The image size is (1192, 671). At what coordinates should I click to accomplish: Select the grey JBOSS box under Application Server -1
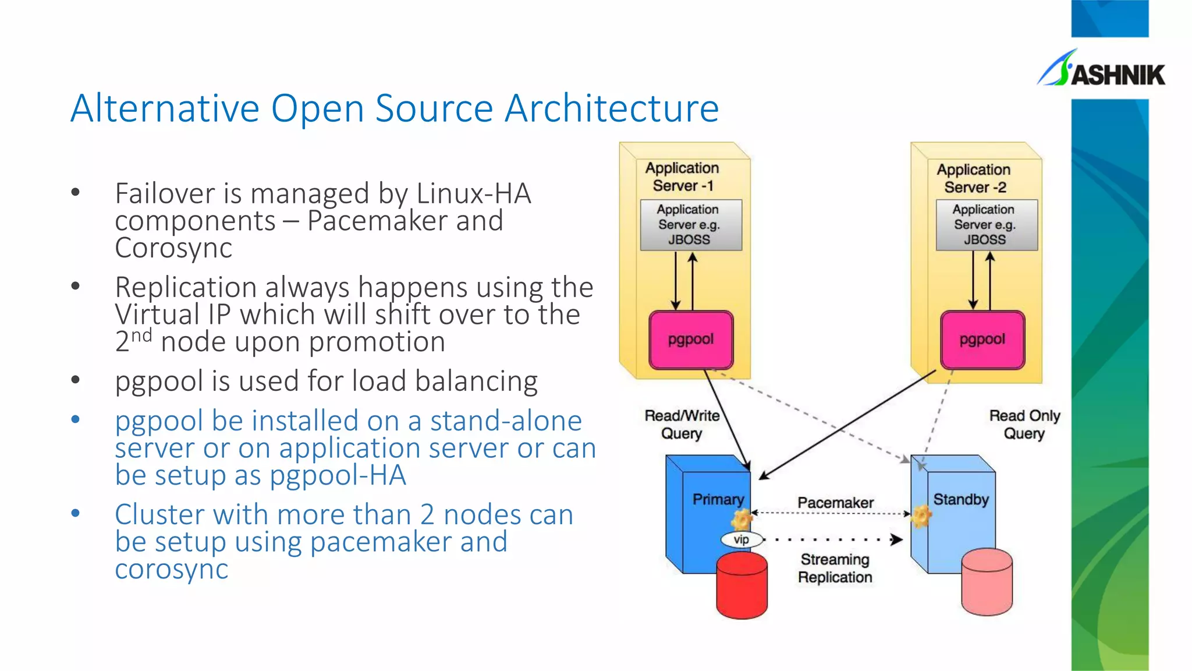(x=690, y=225)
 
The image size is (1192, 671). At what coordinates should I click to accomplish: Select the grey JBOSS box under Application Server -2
(x=986, y=225)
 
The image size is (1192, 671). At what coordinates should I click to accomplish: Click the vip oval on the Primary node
(x=741, y=539)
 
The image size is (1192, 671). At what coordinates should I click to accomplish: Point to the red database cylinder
(x=742, y=585)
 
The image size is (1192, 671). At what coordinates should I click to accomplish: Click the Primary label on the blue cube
(x=718, y=500)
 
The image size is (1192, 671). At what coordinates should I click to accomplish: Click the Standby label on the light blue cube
(x=961, y=500)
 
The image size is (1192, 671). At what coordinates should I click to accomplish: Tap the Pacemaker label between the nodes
(x=835, y=503)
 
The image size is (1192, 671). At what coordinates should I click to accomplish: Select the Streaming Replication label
(x=835, y=568)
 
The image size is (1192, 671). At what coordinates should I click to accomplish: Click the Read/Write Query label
(x=682, y=424)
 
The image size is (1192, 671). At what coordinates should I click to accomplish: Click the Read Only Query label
(x=1024, y=424)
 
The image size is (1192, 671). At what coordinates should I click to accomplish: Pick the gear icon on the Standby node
(x=921, y=516)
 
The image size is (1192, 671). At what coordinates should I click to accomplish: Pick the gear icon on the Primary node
(x=742, y=518)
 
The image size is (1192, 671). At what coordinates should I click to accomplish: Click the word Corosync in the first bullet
(x=173, y=249)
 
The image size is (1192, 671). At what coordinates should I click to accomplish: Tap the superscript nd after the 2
(x=141, y=335)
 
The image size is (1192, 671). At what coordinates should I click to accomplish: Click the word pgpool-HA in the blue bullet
(x=338, y=475)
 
